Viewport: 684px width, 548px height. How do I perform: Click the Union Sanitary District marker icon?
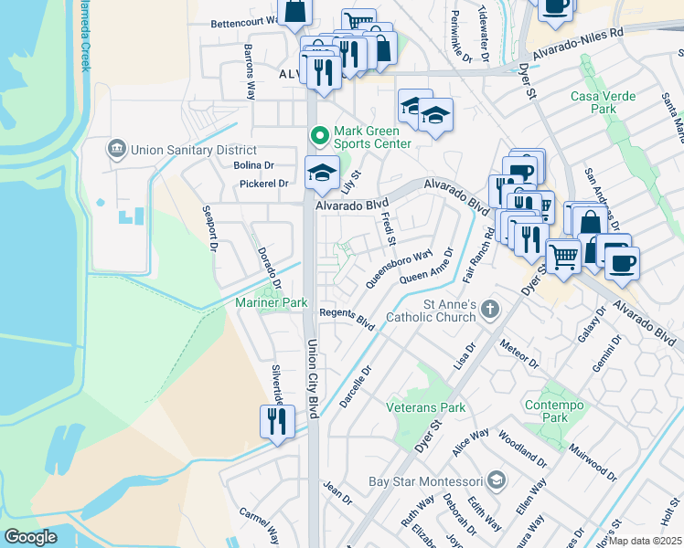point(116,149)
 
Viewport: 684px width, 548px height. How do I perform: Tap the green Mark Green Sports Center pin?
point(319,136)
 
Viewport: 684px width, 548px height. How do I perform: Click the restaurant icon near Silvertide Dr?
point(274,421)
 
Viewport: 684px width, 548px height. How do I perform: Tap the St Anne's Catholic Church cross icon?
point(490,310)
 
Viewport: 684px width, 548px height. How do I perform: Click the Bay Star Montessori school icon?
point(496,480)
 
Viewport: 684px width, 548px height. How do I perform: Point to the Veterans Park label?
point(426,407)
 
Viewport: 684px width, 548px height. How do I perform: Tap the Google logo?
point(30,536)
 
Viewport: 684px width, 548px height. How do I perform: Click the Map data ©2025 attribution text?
point(646,541)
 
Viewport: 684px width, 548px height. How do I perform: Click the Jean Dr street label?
point(337,494)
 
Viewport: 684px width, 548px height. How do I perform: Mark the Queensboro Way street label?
point(399,269)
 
